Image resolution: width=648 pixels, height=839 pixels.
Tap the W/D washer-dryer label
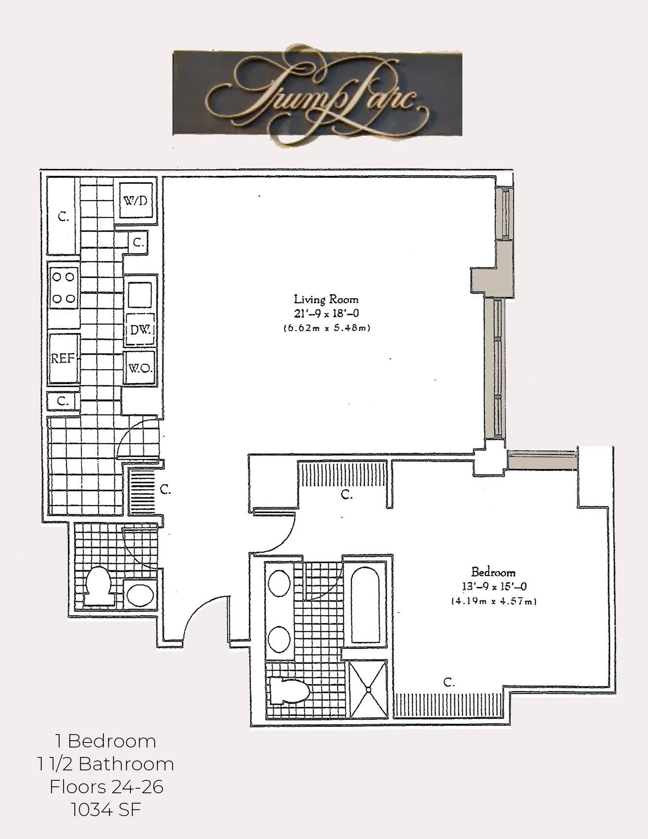click(x=136, y=200)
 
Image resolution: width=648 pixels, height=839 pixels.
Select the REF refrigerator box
click(x=63, y=358)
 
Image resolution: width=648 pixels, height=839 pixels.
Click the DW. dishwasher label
click(x=141, y=329)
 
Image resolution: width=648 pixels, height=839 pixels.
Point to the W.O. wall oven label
click(x=140, y=368)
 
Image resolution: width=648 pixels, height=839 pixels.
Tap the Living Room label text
click(x=326, y=299)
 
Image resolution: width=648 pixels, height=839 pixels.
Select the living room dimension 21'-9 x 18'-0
click(x=326, y=313)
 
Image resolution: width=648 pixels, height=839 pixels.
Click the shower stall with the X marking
click(x=368, y=690)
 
